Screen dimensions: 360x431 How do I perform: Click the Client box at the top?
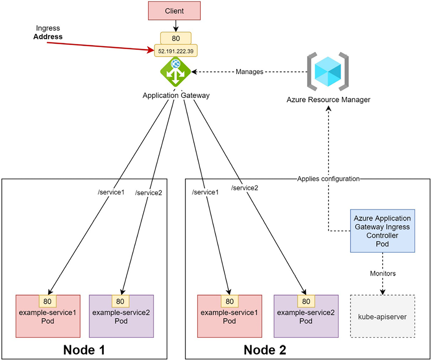(175, 10)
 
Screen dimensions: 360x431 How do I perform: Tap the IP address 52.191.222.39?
(175, 51)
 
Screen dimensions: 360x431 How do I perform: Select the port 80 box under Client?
(175, 38)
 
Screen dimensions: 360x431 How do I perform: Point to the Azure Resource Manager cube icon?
(328, 72)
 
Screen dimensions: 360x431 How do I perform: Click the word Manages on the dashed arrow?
(249, 71)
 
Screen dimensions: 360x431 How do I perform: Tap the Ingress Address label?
(48, 32)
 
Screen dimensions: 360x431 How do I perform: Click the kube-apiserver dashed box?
(382, 316)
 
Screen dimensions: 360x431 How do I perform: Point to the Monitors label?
(382, 273)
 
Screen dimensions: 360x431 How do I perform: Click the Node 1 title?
(84, 350)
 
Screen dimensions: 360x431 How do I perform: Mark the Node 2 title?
(265, 350)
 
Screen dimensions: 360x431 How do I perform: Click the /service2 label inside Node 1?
(148, 193)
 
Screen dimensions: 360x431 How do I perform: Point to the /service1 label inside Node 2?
(205, 192)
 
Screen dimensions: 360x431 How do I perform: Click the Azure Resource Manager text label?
(328, 99)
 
